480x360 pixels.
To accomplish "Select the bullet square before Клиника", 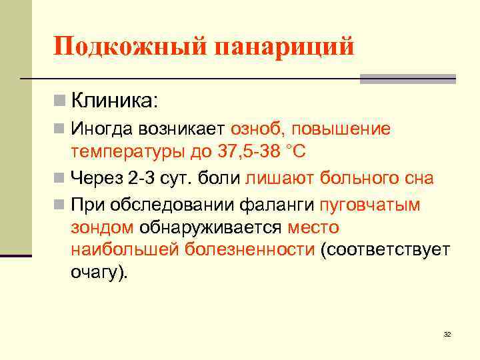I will (x=60, y=101).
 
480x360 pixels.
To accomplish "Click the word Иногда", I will (x=102, y=128).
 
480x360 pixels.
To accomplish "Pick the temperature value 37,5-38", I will (x=247, y=151).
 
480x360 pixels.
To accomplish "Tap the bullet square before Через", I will (x=60, y=179).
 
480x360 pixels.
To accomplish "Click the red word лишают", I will (x=280, y=178).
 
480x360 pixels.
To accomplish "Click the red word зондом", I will (x=101, y=227).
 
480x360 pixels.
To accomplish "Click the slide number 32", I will (x=447, y=334).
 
